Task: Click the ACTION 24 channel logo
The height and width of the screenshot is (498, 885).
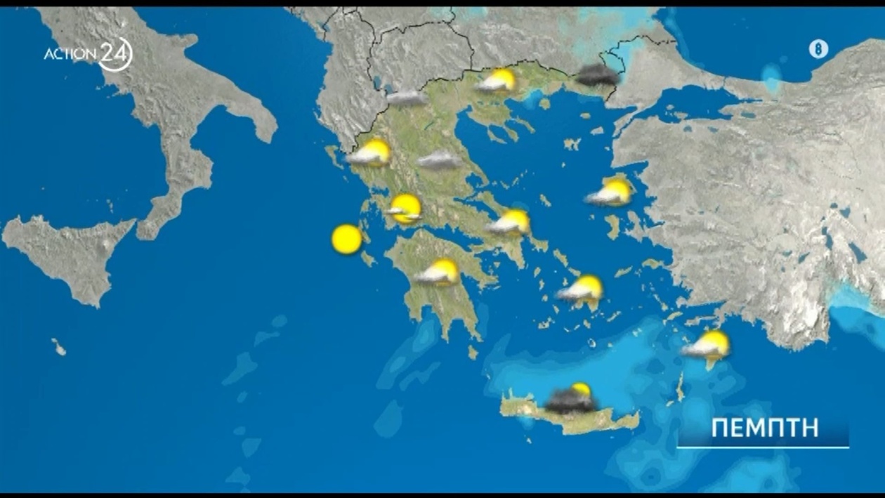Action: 88,54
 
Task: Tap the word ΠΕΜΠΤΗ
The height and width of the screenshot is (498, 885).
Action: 765,428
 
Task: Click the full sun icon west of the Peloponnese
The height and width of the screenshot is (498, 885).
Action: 346,240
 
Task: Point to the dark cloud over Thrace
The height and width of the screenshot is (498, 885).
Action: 598,75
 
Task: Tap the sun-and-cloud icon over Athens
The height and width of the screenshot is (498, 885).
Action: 510,223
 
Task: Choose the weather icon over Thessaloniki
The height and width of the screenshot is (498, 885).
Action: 497,81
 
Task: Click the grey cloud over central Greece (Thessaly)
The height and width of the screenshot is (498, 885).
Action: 440,161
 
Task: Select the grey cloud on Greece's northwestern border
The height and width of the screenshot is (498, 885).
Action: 407,98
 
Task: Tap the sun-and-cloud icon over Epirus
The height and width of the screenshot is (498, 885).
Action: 370,153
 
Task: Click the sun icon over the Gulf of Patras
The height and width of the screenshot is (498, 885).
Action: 405,209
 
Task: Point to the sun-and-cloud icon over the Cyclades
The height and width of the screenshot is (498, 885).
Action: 581,289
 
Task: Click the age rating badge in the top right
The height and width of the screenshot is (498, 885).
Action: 818,49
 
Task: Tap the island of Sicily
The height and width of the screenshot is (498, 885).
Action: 67,253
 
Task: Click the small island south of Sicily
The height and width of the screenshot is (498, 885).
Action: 59,346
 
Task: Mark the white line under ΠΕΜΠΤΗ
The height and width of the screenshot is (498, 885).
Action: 763,447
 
